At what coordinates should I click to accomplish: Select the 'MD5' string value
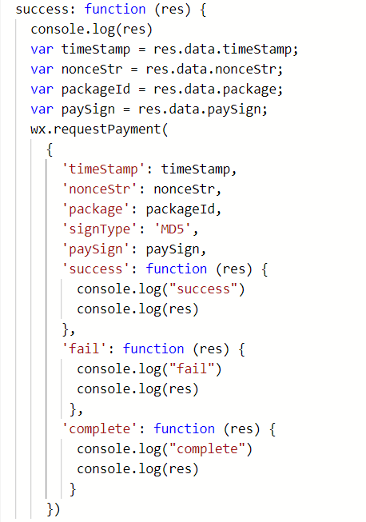pos(172,229)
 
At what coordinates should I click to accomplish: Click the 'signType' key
pos(99,229)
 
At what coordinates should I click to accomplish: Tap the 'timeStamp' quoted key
pos(103,169)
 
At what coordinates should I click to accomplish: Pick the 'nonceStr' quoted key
pos(99,189)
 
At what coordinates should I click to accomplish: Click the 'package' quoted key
pos(96,209)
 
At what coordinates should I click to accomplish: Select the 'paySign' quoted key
pos(96,249)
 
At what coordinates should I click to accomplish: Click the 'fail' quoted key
pos(84,349)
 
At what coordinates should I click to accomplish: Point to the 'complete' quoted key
pos(99,428)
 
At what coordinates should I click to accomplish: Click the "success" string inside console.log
pos(203,289)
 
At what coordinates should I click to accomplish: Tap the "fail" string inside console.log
pos(192,369)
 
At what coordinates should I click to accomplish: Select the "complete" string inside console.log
pos(207,449)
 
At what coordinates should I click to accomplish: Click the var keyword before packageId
pos(42,90)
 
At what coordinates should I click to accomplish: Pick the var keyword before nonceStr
pos(42,70)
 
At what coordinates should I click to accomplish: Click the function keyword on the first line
pos(115,10)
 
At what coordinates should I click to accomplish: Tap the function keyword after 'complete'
pos(184,428)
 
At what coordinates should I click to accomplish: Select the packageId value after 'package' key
pos(181,209)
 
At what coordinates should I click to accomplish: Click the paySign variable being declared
pos(88,110)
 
